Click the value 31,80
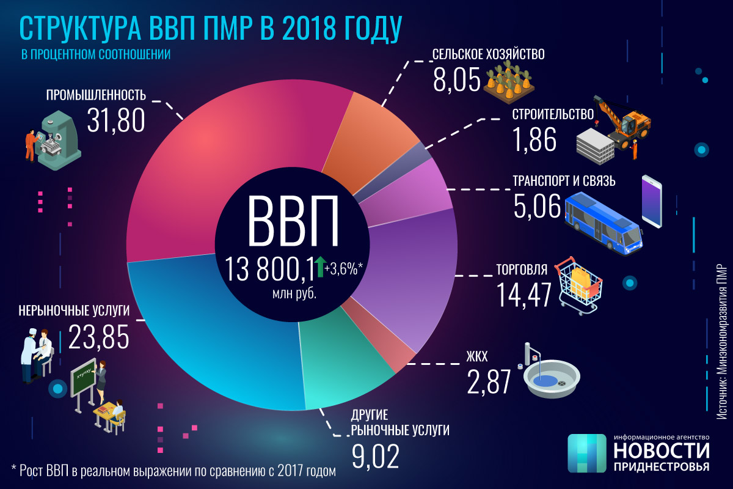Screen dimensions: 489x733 coord(115,119)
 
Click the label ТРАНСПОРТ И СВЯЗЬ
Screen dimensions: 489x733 coord(564,182)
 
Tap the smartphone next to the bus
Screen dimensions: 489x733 coord(652,201)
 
